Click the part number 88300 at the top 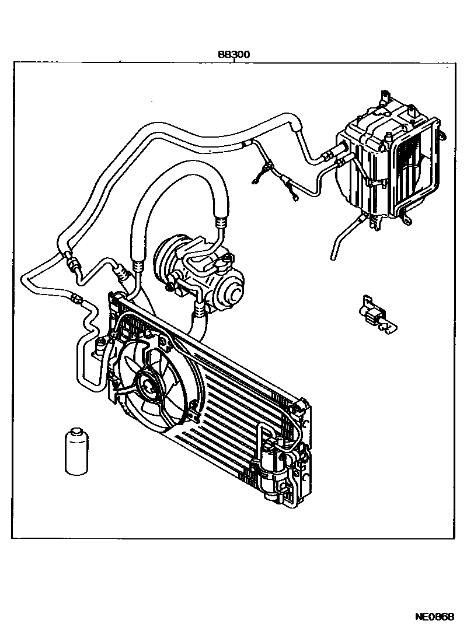click(234, 54)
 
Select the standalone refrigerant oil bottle click(75, 451)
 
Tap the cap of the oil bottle click(75, 433)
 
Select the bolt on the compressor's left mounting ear click(169, 286)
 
